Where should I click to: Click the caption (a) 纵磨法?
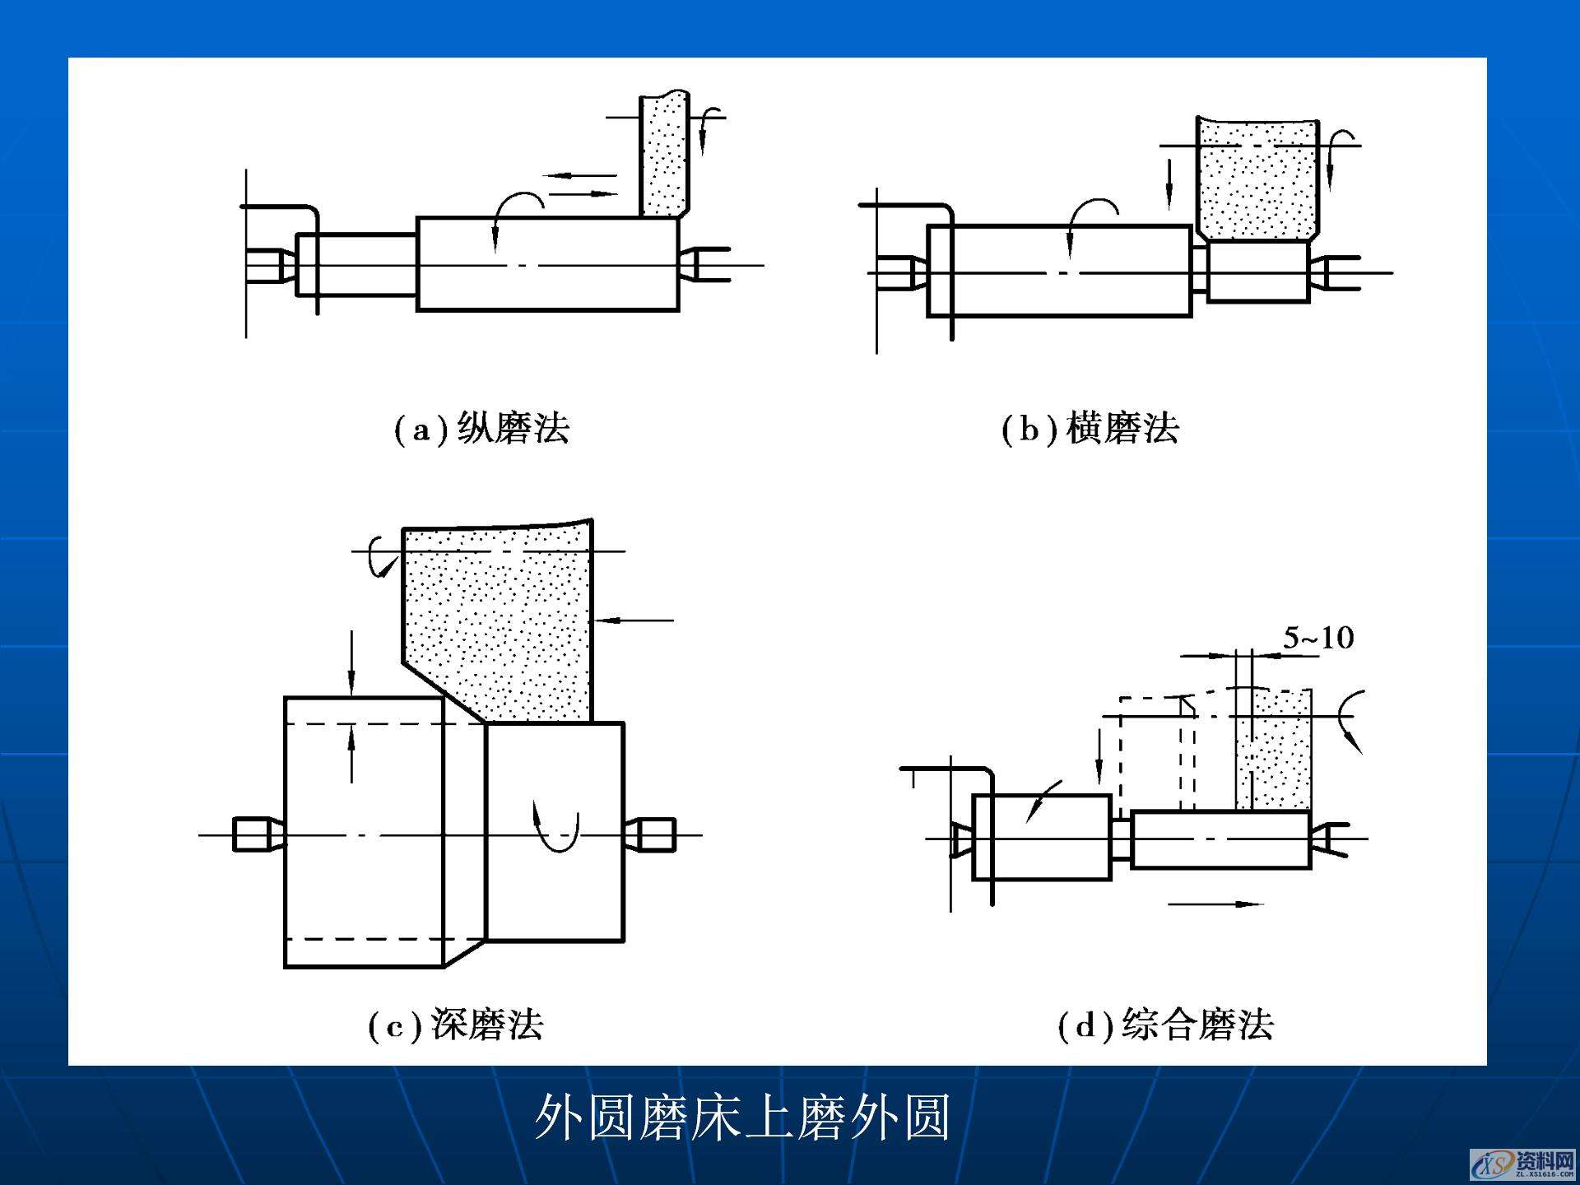(x=481, y=429)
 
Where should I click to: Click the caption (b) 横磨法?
(x=1090, y=429)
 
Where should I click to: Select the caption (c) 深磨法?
(x=455, y=1025)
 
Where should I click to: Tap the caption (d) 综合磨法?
(x=1165, y=1025)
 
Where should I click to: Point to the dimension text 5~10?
(x=1318, y=638)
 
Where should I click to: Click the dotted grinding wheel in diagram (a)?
(x=663, y=156)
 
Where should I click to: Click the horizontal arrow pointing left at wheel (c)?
(x=634, y=620)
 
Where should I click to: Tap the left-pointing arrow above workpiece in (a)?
(x=580, y=175)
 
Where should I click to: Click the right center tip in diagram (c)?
(x=650, y=834)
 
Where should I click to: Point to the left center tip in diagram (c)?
(x=257, y=834)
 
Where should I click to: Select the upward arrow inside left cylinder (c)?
(x=351, y=753)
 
